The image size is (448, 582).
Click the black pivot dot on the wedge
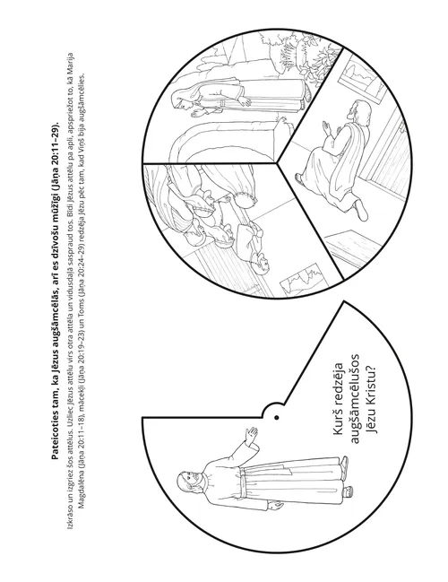276,418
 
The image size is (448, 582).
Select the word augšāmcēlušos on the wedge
355,398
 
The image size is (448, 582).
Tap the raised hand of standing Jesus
252,434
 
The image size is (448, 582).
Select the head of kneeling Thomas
356,110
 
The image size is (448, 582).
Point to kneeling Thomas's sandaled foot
360,210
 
